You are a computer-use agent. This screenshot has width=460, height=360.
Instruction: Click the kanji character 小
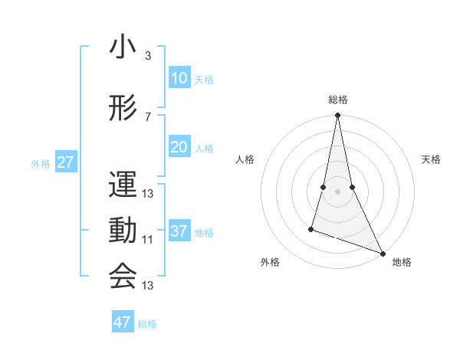[123, 49]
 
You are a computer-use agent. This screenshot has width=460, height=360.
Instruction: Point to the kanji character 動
[123, 231]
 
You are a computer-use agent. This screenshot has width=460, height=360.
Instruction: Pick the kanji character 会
[123, 276]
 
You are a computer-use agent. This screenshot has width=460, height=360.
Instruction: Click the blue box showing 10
[179, 78]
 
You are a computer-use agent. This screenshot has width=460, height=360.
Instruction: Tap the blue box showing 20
[179, 148]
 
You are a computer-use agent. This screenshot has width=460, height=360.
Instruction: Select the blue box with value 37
[179, 232]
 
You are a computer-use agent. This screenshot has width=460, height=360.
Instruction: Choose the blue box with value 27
[65, 163]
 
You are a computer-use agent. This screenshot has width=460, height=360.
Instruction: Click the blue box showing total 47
[123, 322]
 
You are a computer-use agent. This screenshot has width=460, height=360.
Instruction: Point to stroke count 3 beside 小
[148, 56]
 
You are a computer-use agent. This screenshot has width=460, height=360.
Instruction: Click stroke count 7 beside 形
[148, 116]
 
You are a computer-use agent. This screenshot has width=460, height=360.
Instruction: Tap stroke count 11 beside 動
[148, 239]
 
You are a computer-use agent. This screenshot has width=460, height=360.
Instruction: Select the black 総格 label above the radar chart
[338, 100]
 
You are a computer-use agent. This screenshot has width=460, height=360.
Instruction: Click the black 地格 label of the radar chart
[402, 263]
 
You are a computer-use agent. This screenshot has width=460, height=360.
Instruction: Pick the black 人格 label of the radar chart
[245, 159]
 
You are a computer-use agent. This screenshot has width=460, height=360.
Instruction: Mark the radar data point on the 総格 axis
[337, 116]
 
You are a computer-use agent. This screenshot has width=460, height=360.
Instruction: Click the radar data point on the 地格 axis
[382, 252]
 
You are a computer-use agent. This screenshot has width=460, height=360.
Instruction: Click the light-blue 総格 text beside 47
[148, 324]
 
